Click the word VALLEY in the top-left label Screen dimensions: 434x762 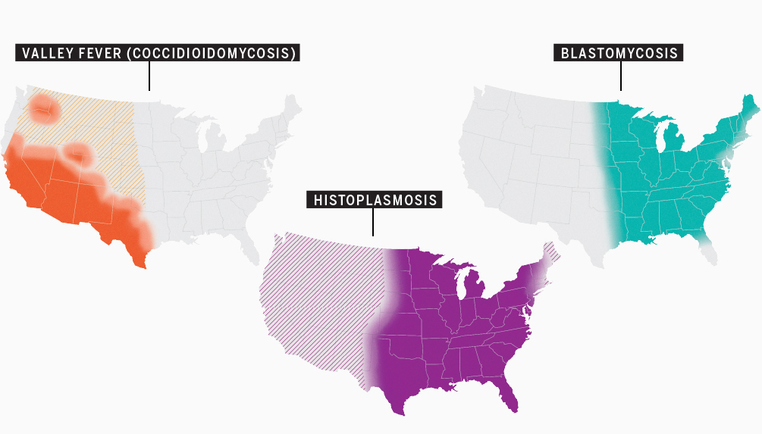[x=44, y=53]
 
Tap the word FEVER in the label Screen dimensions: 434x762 [x=93, y=53]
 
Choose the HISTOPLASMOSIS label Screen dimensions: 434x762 [x=373, y=200]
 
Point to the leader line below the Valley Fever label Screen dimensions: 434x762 [x=149, y=76]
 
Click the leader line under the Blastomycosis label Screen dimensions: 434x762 [x=621, y=76]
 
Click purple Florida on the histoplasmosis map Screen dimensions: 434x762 [x=509, y=398]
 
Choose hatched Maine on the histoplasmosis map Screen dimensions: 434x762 [x=552, y=251]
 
